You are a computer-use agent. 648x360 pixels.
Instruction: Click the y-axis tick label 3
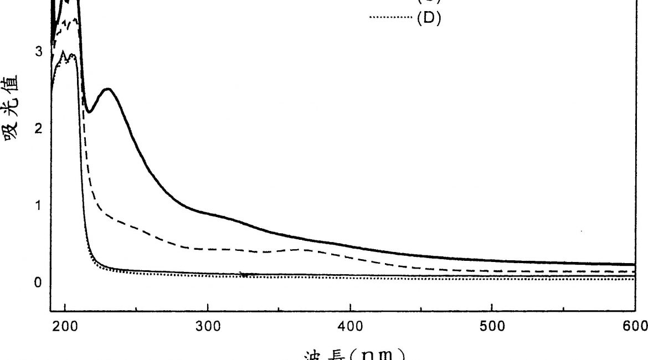click(x=38, y=52)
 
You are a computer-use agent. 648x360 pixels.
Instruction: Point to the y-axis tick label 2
click(x=38, y=129)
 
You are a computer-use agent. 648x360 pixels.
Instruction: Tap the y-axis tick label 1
click(x=38, y=206)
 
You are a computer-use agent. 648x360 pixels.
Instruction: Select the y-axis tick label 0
click(x=38, y=283)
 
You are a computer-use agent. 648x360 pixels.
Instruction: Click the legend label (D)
click(x=429, y=18)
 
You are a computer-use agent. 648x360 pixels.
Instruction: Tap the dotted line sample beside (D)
click(x=390, y=18)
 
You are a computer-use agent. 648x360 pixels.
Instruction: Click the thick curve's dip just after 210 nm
click(x=88, y=112)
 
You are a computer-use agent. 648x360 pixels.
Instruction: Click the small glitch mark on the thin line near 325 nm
click(x=243, y=274)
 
